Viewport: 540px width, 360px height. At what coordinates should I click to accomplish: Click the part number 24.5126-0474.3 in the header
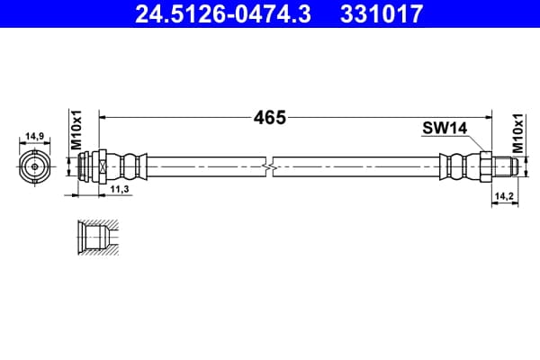[x=223, y=13]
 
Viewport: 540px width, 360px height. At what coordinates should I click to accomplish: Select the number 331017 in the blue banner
[x=382, y=13]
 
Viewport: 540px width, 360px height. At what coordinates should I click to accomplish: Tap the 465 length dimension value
[x=270, y=118]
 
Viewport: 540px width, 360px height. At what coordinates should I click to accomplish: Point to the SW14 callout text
[x=445, y=129]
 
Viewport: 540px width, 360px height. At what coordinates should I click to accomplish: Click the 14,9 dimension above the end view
[x=35, y=137]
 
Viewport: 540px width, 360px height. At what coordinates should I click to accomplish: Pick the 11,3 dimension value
[x=120, y=189]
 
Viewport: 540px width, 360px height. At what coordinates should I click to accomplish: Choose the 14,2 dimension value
[x=504, y=196]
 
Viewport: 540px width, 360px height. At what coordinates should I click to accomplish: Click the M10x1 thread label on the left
[x=76, y=130]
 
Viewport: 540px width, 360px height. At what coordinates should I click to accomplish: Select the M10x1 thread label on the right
[x=517, y=133]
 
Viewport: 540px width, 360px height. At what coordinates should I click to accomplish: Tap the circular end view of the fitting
[x=35, y=166]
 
